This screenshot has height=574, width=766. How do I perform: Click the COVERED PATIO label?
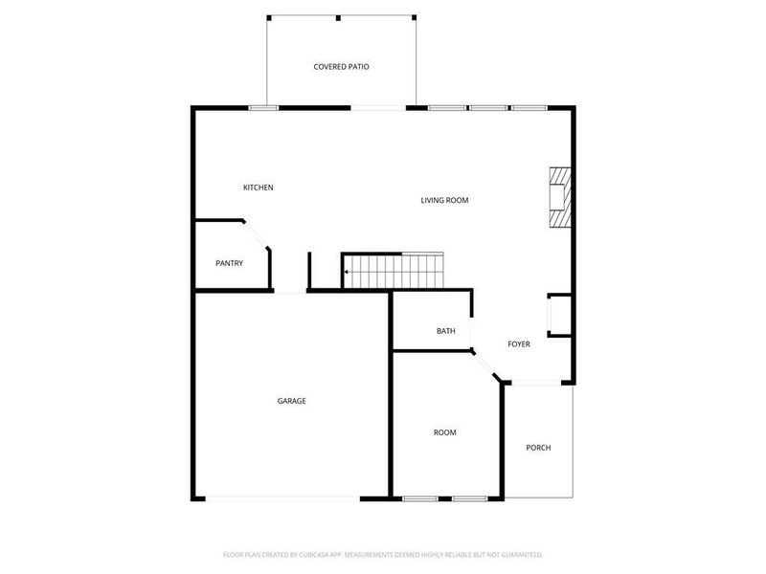[x=341, y=67]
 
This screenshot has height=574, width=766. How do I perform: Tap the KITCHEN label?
[x=258, y=188]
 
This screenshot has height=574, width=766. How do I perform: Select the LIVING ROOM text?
[x=444, y=200]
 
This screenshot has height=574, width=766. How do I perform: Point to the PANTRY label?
[x=229, y=263]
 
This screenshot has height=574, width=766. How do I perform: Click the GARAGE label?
[x=292, y=401]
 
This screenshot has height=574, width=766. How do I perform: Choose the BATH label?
[x=445, y=331]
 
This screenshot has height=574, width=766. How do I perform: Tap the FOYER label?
[x=519, y=344]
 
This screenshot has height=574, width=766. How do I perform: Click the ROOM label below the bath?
[x=444, y=432]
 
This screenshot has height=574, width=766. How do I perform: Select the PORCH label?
[x=538, y=448]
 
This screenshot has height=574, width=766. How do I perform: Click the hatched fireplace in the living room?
[x=558, y=198]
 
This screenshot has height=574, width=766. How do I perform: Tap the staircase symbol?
[x=394, y=270]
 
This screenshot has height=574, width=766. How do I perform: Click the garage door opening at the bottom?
[x=282, y=498]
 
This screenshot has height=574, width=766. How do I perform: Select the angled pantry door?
[x=256, y=234]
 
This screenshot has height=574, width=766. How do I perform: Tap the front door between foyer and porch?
[x=538, y=384]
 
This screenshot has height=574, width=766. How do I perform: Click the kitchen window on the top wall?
[x=263, y=108]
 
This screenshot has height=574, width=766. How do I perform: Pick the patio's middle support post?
[x=339, y=17]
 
